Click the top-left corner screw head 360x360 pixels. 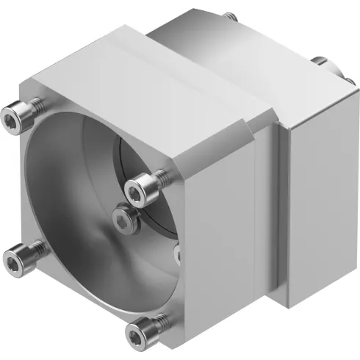(x=12, y=115)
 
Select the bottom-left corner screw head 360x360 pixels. (x=13, y=257)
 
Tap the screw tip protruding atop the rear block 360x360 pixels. (x=233, y=15)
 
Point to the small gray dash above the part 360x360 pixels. (x=195, y=8)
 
